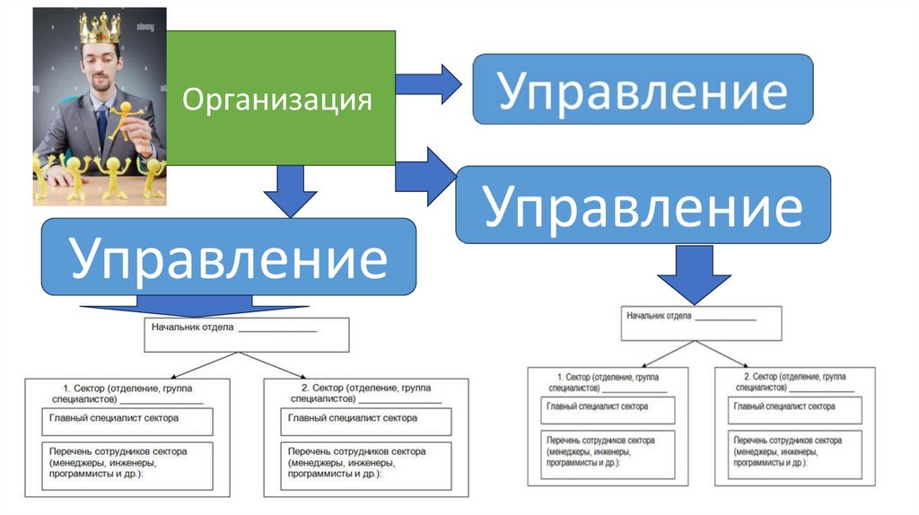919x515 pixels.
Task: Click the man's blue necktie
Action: tap(102, 122)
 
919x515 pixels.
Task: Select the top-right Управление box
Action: tap(643, 89)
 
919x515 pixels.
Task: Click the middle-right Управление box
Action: tap(643, 205)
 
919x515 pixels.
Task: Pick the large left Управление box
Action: tap(229, 257)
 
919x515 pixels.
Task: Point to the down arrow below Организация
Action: tap(291, 190)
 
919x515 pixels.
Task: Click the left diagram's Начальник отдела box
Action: tap(246, 334)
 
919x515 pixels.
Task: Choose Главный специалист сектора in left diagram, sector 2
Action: tap(365, 421)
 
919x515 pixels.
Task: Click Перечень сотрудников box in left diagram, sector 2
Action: tap(365, 465)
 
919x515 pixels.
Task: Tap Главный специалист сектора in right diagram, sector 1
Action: tap(606, 410)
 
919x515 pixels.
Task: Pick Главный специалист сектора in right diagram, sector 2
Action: tap(789, 410)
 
